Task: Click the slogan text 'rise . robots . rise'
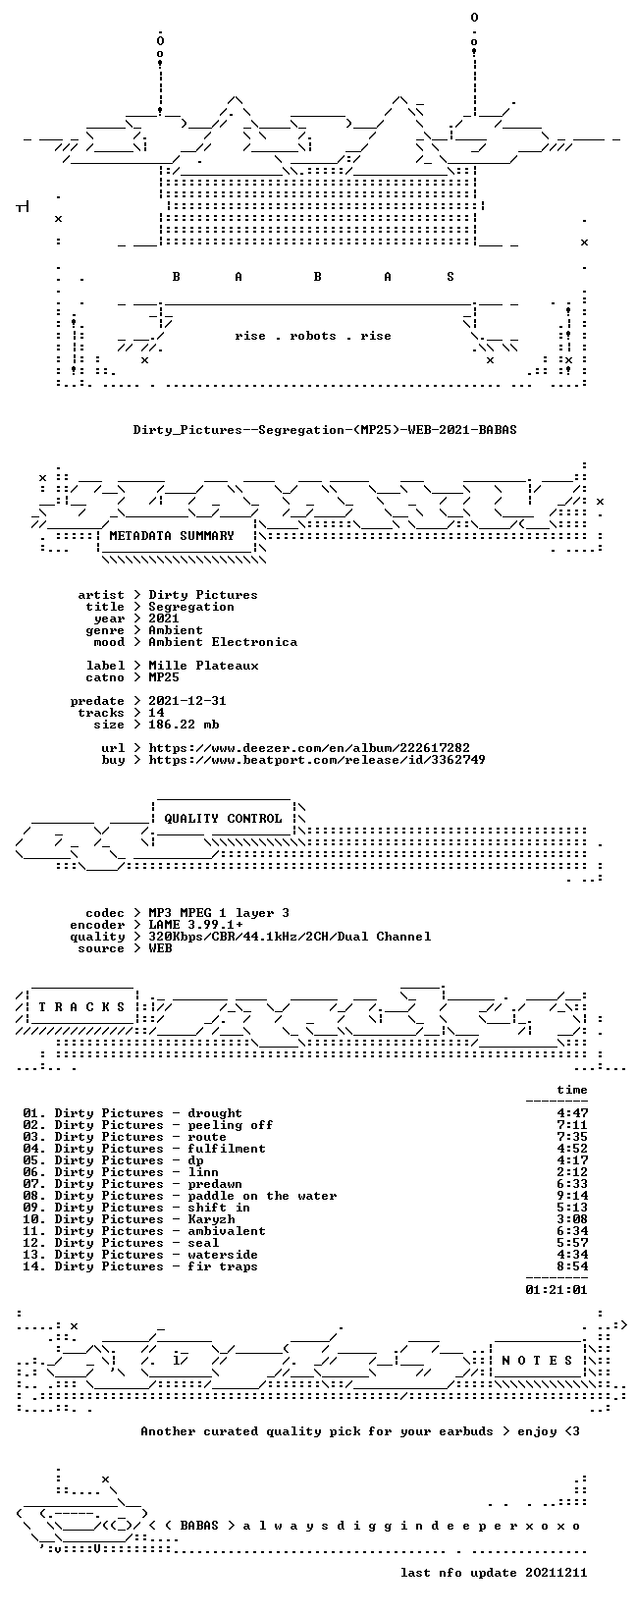click(312, 336)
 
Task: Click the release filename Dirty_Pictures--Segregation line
click(325, 430)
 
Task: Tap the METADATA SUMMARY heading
click(172, 535)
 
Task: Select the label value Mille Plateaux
click(203, 666)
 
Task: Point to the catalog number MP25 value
click(164, 677)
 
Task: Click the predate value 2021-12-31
click(187, 701)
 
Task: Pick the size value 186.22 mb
click(184, 725)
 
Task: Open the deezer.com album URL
click(309, 748)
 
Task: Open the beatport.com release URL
click(317, 760)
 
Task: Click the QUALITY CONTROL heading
click(223, 819)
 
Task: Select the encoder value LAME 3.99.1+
click(195, 925)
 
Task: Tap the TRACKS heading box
click(81, 1006)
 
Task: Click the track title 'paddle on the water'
click(262, 1196)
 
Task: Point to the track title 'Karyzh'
click(211, 1219)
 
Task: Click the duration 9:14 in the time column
click(572, 1196)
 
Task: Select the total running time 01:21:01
click(556, 1290)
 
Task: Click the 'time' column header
click(572, 1090)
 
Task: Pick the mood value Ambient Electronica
click(223, 642)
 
